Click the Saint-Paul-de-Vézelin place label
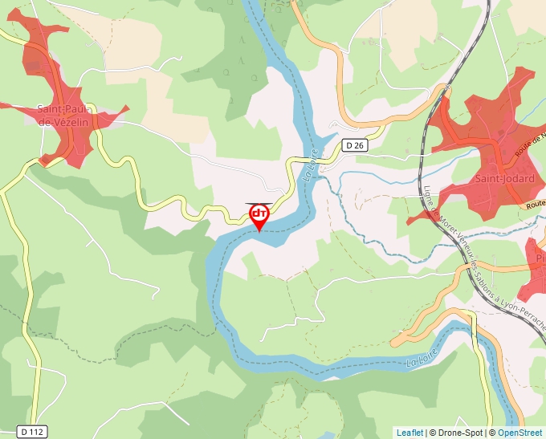coord(66,115)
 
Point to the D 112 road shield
coord(32,432)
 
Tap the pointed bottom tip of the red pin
coord(259,232)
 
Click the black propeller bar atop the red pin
coord(259,204)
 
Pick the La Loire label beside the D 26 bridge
coord(312,164)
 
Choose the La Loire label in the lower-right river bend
coord(422,356)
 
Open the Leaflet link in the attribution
coord(409,433)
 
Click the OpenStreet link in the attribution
coord(520,433)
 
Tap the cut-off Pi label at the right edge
coord(540,258)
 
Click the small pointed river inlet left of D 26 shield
coord(332,128)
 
